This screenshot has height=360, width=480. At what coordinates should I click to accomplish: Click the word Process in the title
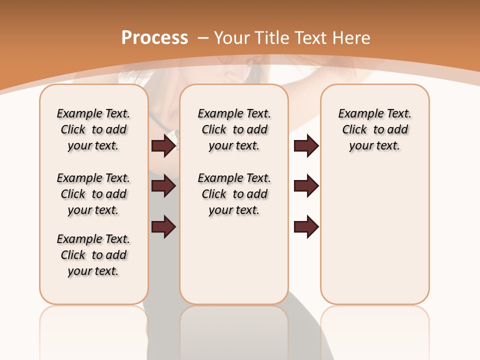154,38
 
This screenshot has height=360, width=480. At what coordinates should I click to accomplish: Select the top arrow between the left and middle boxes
164,145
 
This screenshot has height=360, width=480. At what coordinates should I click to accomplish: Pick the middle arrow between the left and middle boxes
164,186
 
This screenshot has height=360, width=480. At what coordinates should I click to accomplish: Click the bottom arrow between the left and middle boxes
164,226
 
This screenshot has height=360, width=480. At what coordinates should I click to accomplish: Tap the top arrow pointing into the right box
306,145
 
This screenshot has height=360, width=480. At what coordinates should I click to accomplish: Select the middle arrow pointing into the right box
306,186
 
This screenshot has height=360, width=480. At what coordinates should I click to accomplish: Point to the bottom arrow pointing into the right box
306,226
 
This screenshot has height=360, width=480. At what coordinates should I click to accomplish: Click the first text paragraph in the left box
93,129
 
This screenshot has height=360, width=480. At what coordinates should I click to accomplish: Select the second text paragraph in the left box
93,194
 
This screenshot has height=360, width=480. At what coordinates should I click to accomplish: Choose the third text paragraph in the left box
93,255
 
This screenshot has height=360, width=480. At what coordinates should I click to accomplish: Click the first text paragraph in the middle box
234,129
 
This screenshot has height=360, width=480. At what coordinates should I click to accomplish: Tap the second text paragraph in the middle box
234,194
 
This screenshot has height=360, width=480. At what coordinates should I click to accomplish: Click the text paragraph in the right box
374,129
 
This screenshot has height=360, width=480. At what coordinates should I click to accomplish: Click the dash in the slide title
203,38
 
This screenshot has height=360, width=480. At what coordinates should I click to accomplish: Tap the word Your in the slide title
232,38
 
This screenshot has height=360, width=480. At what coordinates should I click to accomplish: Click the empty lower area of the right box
374,240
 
